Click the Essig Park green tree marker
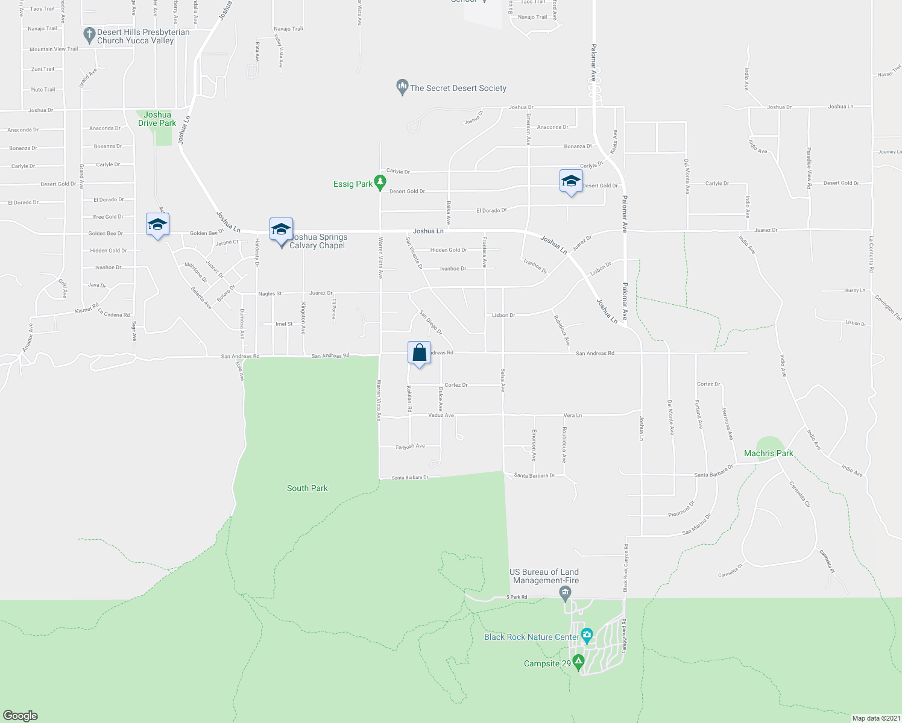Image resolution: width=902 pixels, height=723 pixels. click(380, 181)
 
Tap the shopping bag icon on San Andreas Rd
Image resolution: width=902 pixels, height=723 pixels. click(419, 353)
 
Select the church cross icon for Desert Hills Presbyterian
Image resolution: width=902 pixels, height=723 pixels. click(89, 34)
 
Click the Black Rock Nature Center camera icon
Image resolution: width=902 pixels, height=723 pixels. click(587, 634)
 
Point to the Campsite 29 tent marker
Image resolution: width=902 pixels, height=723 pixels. click(579, 662)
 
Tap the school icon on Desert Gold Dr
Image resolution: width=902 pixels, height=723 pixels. click(571, 181)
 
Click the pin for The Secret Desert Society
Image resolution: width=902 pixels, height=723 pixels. click(402, 87)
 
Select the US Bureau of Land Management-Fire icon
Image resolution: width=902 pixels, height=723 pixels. click(566, 594)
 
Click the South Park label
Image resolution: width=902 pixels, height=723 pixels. click(307, 488)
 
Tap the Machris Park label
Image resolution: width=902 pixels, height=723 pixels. click(769, 453)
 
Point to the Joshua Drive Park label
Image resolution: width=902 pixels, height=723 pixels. click(157, 119)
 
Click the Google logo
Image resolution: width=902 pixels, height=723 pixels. click(20, 715)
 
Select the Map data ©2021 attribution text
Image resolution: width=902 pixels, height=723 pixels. click(875, 718)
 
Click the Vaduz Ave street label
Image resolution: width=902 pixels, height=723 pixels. click(441, 415)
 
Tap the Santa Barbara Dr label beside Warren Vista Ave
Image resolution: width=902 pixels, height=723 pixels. click(410, 477)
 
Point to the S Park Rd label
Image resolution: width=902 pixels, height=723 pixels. click(517, 597)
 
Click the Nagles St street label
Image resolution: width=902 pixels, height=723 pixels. click(270, 294)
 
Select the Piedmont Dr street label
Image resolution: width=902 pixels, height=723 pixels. click(681, 509)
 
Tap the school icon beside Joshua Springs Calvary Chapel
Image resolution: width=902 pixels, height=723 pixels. click(281, 231)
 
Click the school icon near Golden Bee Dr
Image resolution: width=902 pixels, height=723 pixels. click(157, 225)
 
